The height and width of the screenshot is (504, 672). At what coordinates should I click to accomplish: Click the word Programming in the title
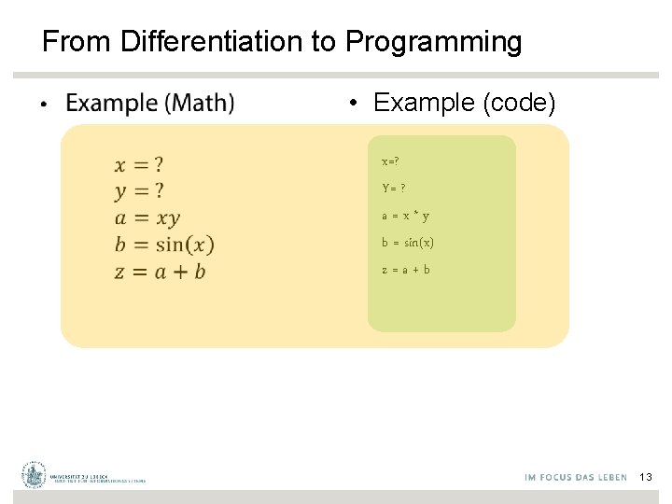pyautogui.click(x=433, y=42)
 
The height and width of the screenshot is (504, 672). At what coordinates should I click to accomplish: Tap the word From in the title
pyautogui.click(x=77, y=42)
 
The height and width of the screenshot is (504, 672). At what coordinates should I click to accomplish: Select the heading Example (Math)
pyautogui.click(x=150, y=102)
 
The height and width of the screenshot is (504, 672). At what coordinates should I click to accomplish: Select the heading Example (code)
pyautogui.click(x=464, y=103)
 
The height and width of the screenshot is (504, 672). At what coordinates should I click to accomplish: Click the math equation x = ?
pyautogui.click(x=139, y=165)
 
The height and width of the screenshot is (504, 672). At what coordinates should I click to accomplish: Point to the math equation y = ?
pyautogui.click(x=139, y=191)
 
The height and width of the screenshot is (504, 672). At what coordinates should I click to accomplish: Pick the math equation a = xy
pyautogui.click(x=147, y=218)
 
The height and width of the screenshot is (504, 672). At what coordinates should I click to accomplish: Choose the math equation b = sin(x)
pyautogui.click(x=164, y=245)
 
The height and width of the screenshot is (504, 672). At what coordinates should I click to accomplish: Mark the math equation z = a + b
pyautogui.click(x=160, y=272)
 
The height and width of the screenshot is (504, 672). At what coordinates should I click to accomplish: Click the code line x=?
pyautogui.click(x=390, y=161)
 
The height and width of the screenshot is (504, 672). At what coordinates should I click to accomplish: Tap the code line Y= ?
pyautogui.click(x=393, y=189)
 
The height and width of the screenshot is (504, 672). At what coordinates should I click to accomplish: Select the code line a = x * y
pyautogui.click(x=405, y=216)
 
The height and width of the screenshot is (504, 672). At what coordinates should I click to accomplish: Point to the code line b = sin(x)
pyautogui.click(x=407, y=243)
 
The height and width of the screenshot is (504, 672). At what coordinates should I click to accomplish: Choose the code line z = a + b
pyautogui.click(x=405, y=270)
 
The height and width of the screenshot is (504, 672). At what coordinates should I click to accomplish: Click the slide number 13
pyautogui.click(x=646, y=477)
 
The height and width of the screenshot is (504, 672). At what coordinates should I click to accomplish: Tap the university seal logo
pyautogui.click(x=35, y=475)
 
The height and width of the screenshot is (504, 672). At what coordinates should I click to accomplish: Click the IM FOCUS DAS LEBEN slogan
pyautogui.click(x=576, y=478)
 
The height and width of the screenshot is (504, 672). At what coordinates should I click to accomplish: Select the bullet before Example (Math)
pyautogui.click(x=42, y=103)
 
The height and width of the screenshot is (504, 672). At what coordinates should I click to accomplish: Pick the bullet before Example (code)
pyautogui.click(x=355, y=103)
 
